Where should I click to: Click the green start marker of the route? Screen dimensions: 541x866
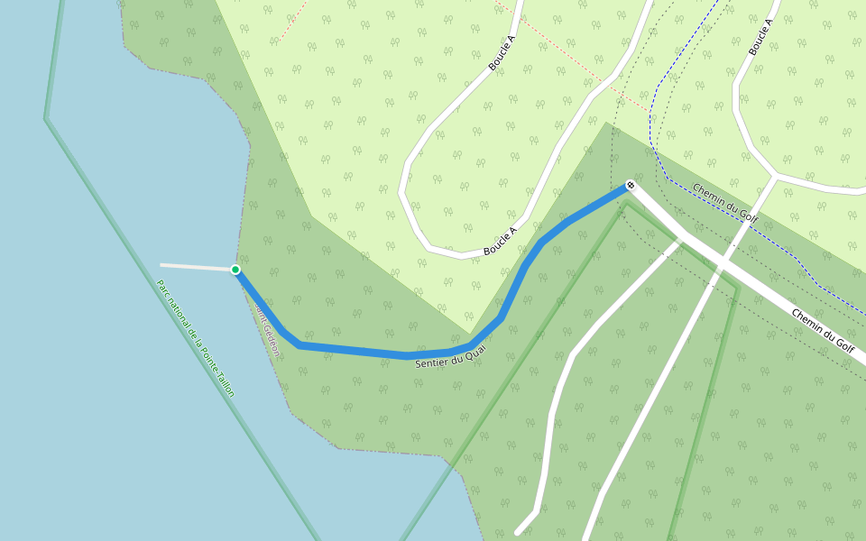click(x=235, y=270)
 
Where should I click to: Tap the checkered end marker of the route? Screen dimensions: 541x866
click(x=631, y=187)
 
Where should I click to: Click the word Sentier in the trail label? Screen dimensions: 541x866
click(x=431, y=362)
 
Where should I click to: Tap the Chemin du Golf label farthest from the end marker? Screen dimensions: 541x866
click(x=823, y=328)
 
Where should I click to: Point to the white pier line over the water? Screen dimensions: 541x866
click(x=197, y=267)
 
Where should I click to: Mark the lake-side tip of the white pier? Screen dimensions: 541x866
click(x=161, y=265)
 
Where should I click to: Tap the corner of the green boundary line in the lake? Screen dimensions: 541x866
click(x=45, y=118)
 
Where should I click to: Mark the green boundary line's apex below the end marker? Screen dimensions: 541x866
click(x=628, y=204)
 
